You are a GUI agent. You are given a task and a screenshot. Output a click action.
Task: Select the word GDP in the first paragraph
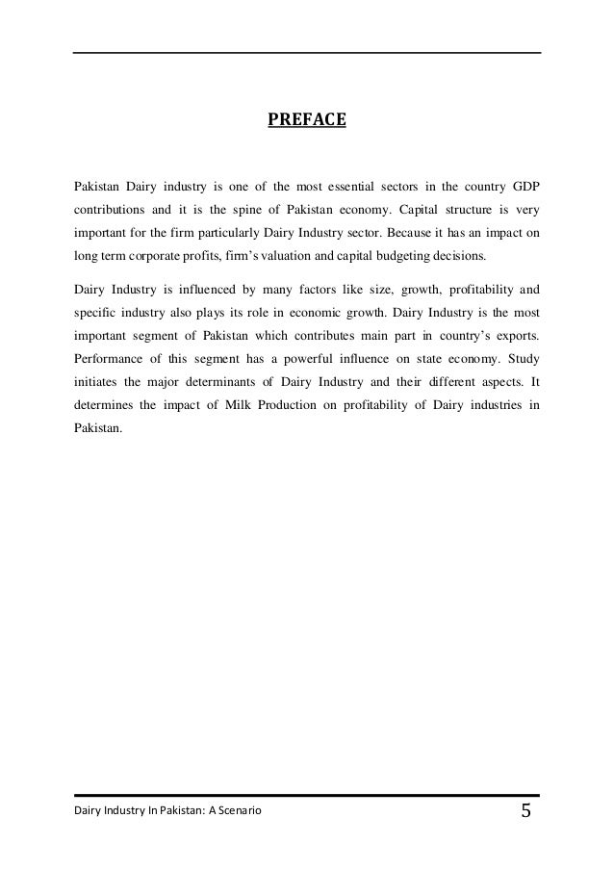(x=524, y=183)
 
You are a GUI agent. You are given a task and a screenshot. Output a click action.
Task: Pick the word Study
(x=521, y=363)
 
